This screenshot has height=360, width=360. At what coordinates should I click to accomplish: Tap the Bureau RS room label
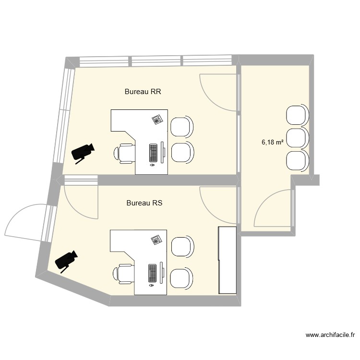(x=144, y=203)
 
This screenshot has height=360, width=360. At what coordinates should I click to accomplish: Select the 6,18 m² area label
(x=272, y=142)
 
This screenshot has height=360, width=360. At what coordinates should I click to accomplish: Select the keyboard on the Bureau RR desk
(x=154, y=153)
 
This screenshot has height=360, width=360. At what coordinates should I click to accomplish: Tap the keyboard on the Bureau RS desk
(x=153, y=273)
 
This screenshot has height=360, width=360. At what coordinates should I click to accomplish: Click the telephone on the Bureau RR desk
(x=157, y=120)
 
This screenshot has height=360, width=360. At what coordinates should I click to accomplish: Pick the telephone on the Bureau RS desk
(x=156, y=240)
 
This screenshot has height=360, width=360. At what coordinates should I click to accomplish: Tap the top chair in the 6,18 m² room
(x=297, y=115)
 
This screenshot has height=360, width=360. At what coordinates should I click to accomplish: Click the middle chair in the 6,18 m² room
(x=297, y=138)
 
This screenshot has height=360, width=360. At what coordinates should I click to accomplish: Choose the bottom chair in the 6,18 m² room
(x=297, y=160)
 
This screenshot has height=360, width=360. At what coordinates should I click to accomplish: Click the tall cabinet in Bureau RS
(x=228, y=260)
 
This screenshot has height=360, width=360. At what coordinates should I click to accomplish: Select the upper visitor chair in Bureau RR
(x=182, y=126)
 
